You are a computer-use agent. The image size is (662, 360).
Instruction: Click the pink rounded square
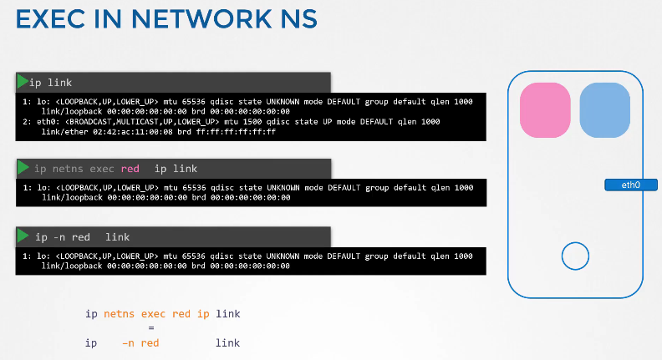pyautogui.click(x=545, y=110)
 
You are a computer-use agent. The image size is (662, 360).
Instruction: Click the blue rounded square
pyautogui.click(x=604, y=110)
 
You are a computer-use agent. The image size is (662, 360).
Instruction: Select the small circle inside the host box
pyautogui.click(x=575, y=256)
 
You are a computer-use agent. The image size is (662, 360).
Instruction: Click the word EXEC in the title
pyautogui.click(x=50, y=19)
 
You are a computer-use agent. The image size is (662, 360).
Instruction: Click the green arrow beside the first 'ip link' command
pyautogui.click(x=23, y=81)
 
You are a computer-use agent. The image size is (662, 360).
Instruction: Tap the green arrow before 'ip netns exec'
pyautogui.click(x=23, y=168)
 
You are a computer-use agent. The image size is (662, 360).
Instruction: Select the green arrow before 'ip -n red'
pyautogui.click(x=23, y=236)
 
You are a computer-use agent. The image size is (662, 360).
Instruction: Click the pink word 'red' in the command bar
pyautogui.click(x=130, y=169)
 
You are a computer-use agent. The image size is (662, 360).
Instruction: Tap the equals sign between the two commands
pyautogui.click(x=151, y=328)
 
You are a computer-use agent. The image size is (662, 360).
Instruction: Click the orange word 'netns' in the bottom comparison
pyautogui.click(x=120, y=314)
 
